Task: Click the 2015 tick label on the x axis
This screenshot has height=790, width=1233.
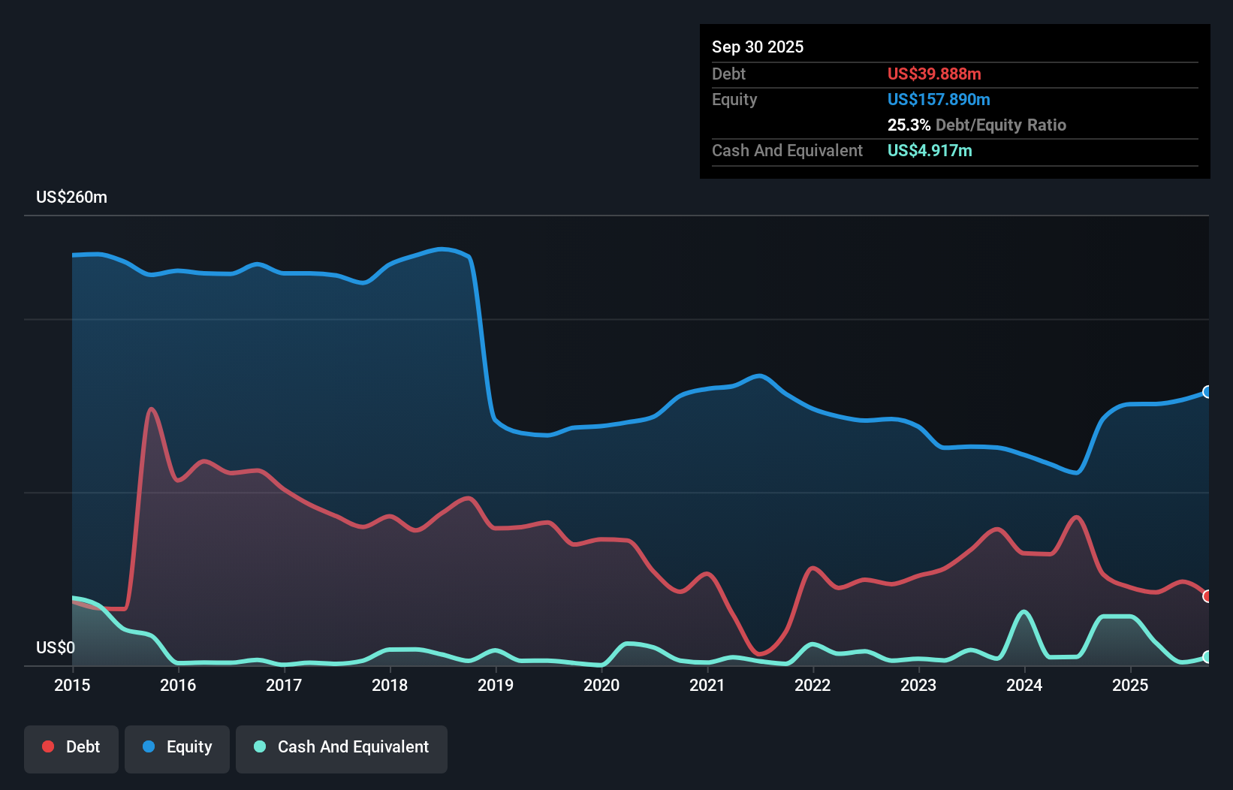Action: click(x=72, y=685)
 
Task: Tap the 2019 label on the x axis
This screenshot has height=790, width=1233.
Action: click(x=496, y=685)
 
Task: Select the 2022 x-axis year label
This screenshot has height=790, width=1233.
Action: click(x=812, y=685)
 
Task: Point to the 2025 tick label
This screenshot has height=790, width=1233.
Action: click(x=1130, y=685)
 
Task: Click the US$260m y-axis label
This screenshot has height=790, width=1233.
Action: click(x=71, y=197)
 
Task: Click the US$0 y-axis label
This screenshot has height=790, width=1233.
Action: click(x=56, y=647)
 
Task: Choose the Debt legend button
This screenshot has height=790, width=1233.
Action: click(x=71, y=747)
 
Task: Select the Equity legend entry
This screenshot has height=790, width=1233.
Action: click(x=177, y=747)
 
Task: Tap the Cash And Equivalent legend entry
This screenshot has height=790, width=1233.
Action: click(x=342, y=747)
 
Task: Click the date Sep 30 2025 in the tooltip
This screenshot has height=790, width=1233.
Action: click(x=757, y=47)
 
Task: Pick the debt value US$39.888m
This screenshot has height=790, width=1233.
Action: click(x=933, y=74)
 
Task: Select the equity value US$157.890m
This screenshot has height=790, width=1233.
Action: click(x=938, y=99)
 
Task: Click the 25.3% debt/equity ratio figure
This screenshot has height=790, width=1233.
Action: click(x=909, y=125)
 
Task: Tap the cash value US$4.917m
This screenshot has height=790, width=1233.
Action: click(x=929, y=150)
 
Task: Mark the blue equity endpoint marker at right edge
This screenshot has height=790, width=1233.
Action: click(x=1207, y=392)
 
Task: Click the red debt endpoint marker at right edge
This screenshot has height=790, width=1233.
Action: click(x=1207, y=596)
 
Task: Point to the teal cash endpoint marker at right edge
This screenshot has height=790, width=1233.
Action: click(x=1207, y=657)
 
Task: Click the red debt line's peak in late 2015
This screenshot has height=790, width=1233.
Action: click(x=152, y=409)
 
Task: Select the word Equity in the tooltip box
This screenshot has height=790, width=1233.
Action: click(x=734, y=99)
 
